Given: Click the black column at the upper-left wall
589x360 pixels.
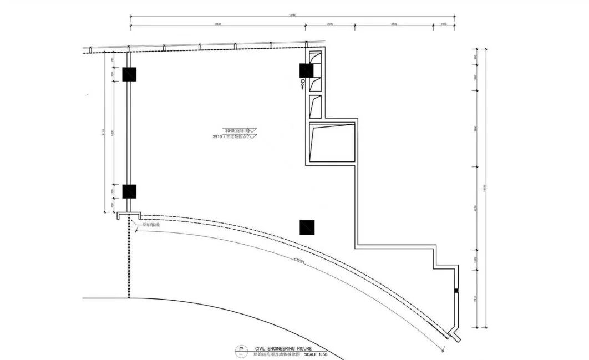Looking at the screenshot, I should click(x=129, y=74).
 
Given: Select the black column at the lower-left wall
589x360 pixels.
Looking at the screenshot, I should click(x=129, y=191).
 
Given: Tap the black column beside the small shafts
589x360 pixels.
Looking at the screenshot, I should click(x=306, y=70).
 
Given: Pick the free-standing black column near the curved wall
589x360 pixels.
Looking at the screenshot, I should click(x=307, y=227).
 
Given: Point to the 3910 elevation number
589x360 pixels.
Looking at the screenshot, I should click(x=217, y=136).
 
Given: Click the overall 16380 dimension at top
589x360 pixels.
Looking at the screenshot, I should click(x=292, y=15).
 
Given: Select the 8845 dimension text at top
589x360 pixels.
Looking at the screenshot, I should click(x=217, y=24).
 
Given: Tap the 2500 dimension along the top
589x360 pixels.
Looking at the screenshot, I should click(x=330, y=24).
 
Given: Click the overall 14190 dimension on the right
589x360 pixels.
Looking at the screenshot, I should click(x=485, y=187).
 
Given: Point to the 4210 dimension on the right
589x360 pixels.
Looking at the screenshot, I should click(x=475, y=209).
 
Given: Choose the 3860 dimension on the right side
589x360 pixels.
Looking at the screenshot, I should click(x=475, y=128).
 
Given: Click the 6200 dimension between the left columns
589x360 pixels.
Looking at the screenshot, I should click(x=113, y=133).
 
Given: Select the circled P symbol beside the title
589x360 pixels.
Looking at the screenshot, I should click(x=241, y=351).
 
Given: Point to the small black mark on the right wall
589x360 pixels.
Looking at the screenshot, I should click(x=456, y=291).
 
